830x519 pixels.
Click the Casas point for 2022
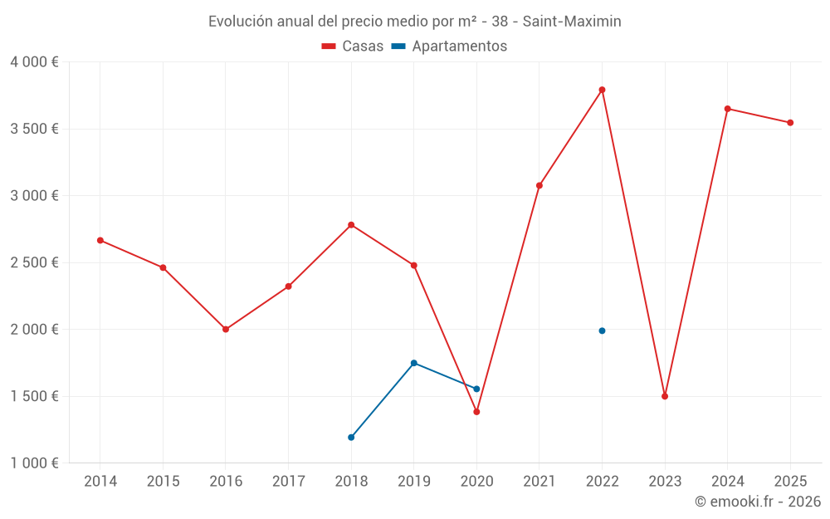602,90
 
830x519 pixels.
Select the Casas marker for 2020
476,412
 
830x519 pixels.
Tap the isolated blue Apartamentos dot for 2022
602,330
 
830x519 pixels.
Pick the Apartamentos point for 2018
351,437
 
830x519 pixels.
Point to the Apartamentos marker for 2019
413,363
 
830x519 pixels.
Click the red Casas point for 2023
665,396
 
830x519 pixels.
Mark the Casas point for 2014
100,240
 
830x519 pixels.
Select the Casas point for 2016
226,330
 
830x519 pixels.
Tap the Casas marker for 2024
727,109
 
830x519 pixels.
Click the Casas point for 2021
539,185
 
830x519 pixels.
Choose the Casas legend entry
353,47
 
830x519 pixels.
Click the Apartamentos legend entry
449,47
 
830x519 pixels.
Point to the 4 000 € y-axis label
34,62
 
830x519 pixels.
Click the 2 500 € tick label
34,262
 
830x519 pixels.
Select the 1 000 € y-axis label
34,463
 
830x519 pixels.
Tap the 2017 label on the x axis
288,482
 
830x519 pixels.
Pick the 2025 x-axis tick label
790,482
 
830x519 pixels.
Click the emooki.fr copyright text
758,502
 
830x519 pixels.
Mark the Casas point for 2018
351,225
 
